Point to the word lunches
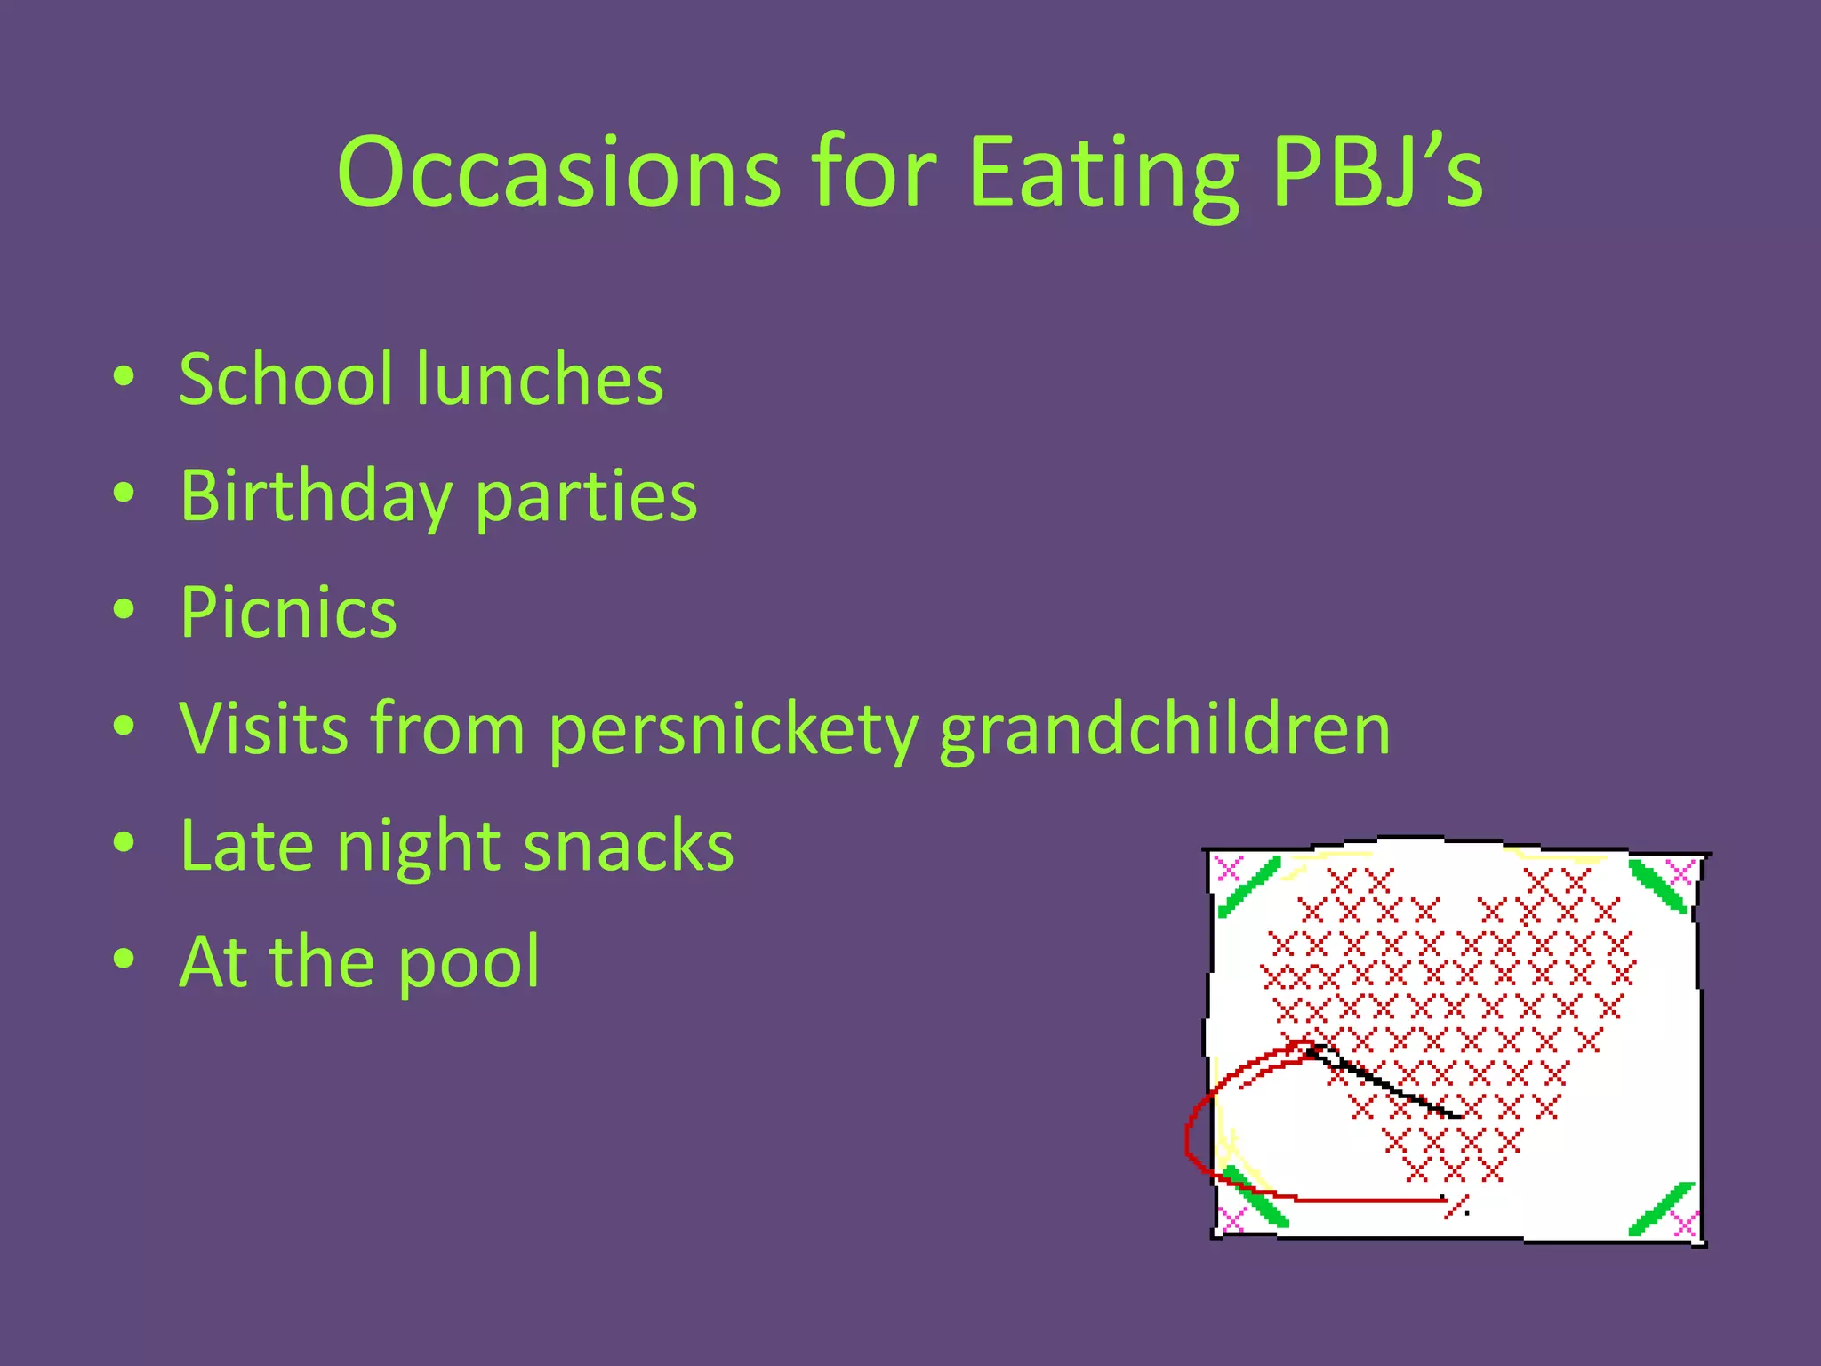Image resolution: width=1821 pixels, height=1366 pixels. coord(540,379)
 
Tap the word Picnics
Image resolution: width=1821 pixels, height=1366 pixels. coord(288,613)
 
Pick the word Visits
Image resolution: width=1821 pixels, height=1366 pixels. coord(263,729)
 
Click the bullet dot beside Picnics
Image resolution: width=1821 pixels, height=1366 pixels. coord(124,611)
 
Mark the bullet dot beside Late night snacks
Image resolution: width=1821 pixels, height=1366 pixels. coord(124,842)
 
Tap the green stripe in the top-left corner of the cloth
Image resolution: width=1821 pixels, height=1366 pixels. coord(1248,887)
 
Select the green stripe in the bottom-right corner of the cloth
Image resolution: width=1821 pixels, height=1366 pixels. coord(1661,1209)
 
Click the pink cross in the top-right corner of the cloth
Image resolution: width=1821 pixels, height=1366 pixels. coord(1681,872)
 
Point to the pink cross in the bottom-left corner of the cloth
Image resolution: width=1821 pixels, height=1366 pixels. coord(1231,1220)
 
